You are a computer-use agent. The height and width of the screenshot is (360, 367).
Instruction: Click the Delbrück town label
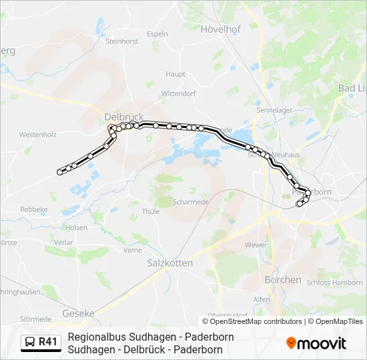[124, 116]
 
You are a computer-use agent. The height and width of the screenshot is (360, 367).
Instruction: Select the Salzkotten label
[169, 263]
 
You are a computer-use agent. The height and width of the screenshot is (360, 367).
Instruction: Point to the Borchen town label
[283, 279]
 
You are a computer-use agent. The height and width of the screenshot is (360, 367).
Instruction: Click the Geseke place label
[78, 313]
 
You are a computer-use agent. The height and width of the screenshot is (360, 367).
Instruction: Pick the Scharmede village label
[190, 202]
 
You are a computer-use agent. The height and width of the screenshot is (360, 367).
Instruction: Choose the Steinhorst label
[121, 41]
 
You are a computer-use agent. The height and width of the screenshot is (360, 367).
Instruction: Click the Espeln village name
[157, 33]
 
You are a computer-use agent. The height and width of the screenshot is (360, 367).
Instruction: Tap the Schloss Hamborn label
[334, 283]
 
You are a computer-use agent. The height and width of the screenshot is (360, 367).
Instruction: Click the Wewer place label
[256, 245]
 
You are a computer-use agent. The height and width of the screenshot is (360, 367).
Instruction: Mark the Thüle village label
[151, 211]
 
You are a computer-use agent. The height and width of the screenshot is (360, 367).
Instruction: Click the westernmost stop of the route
[60, 172]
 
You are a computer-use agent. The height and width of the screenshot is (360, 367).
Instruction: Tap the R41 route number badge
[48, 342]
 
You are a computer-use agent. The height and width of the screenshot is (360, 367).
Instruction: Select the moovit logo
[316, 343]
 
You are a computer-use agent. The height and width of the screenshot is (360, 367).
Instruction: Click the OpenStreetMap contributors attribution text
[257, 321]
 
